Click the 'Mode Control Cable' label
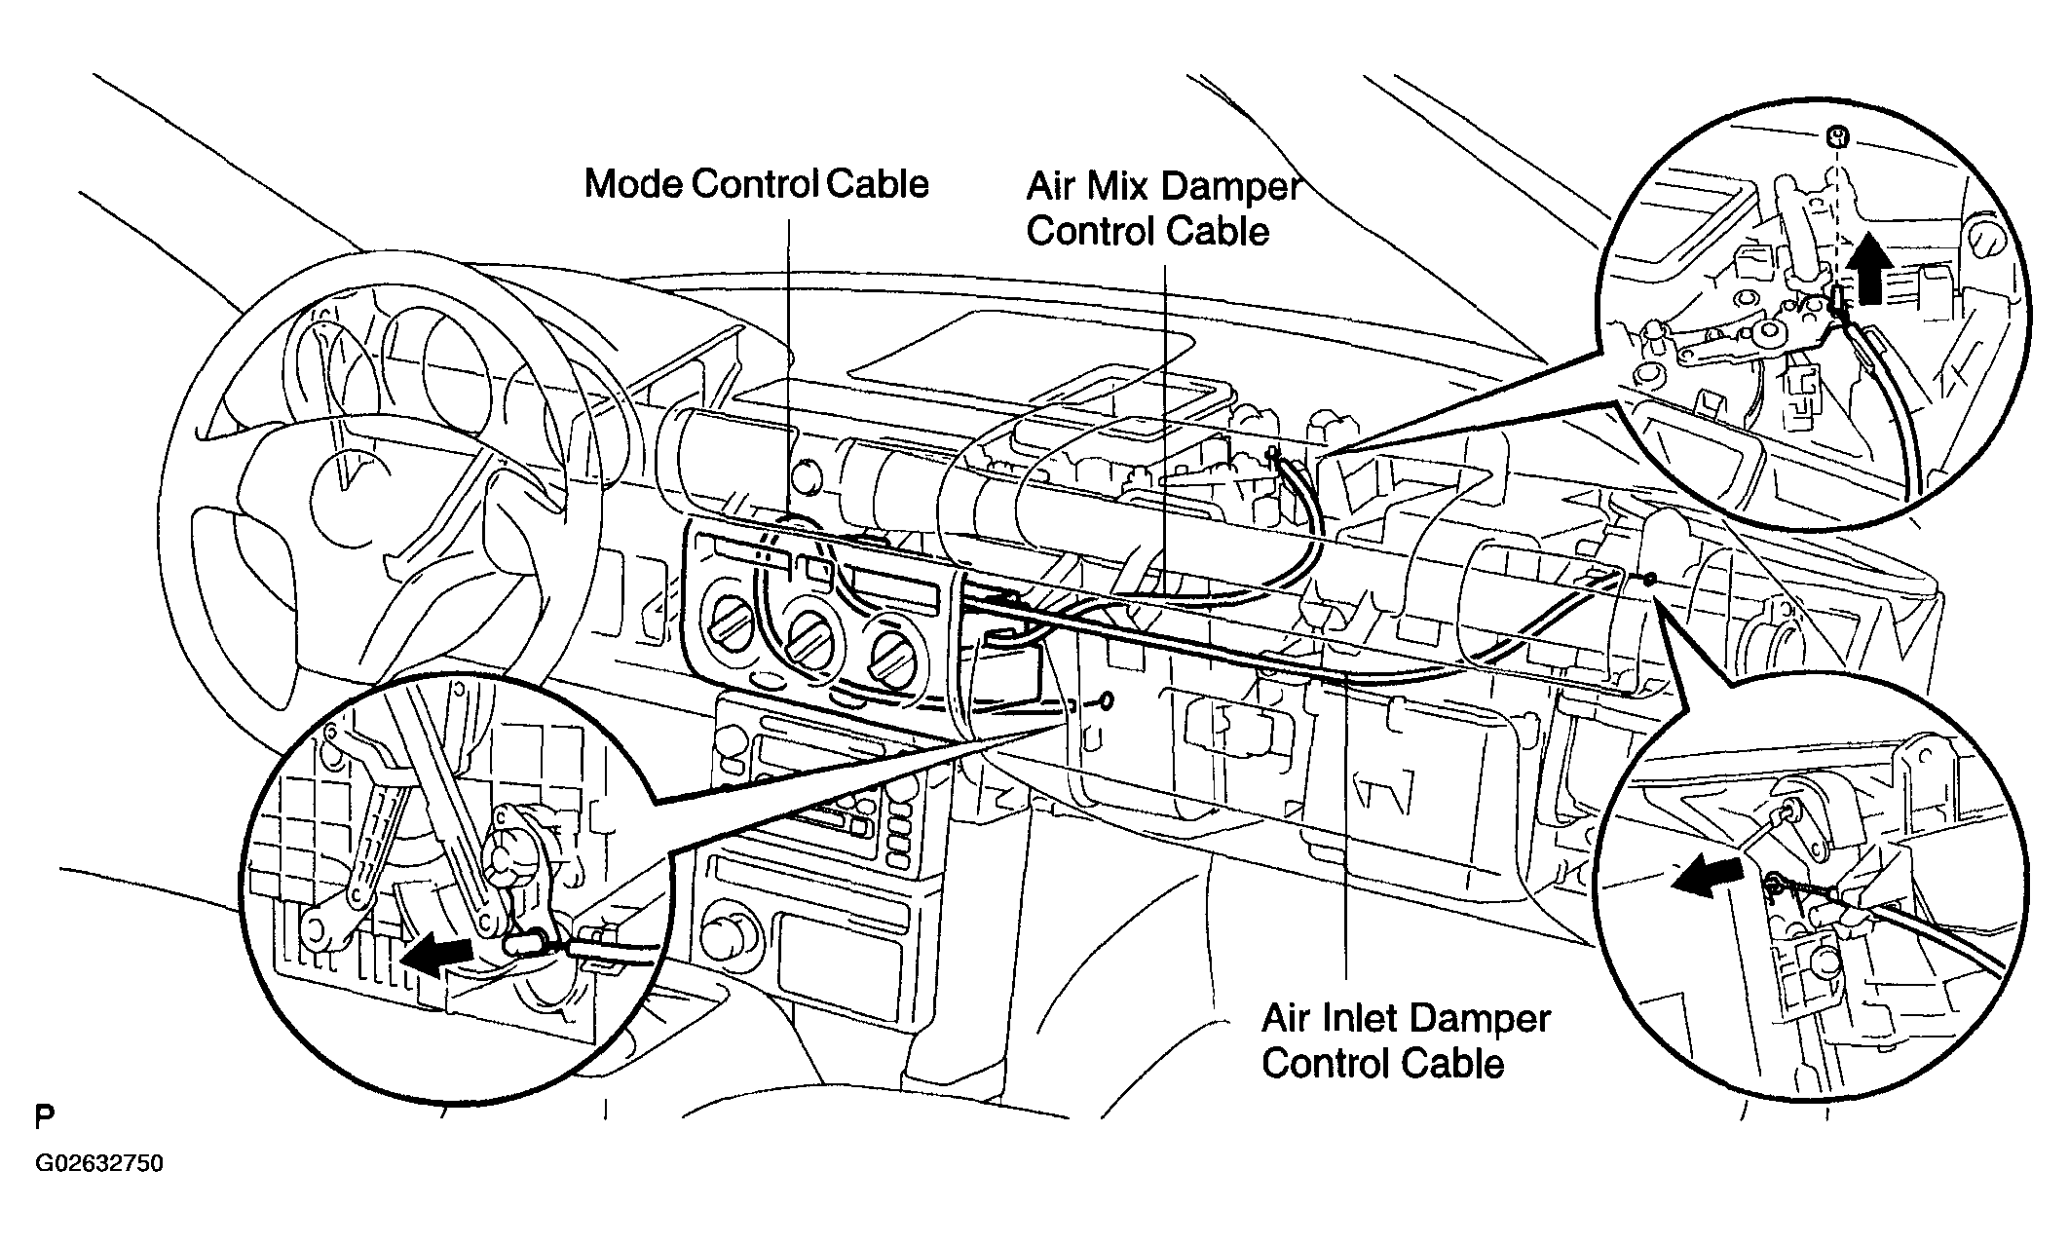(756, 184)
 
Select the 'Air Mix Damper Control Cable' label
(1163, 208)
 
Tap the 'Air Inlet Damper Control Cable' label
(1405, 1041)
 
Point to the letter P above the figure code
(44, 1116)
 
